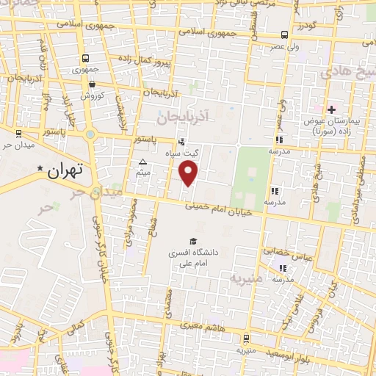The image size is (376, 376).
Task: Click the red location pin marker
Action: (x=189, y=173)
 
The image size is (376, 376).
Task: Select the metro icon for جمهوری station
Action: (x=86, y=58)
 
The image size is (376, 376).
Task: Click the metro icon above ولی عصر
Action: (x=284, y=34)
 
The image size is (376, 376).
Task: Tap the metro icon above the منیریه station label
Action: (x=246, y=337)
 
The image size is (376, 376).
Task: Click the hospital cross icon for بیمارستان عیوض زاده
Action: (x=331, y=109)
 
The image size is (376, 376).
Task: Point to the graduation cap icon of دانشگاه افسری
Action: (x=193, y=241)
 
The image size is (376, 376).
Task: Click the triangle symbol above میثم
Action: (x=142, y=162)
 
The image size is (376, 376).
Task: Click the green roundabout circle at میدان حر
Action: (x=90, y=134)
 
